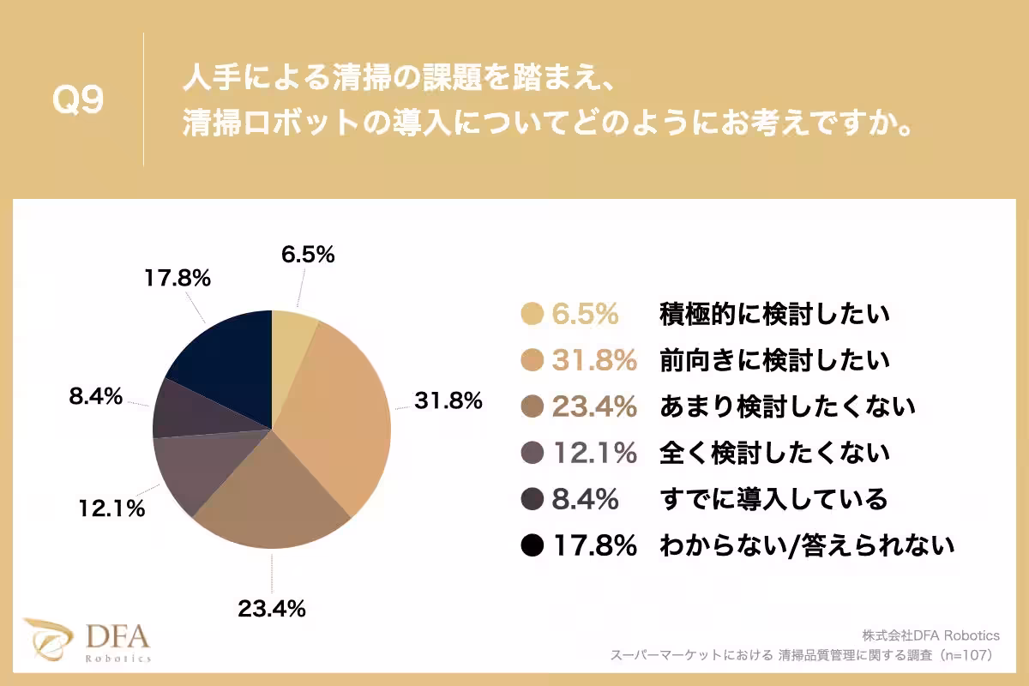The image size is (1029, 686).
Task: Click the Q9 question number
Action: (78, 101)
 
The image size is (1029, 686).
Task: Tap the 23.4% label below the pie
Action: (272, 610)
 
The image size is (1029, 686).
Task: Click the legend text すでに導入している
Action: (773, 498)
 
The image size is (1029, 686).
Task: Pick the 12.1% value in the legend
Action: (594, 453)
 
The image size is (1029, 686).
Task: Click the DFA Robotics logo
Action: (88, 640)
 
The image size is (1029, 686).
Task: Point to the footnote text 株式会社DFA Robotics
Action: (931, 635)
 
